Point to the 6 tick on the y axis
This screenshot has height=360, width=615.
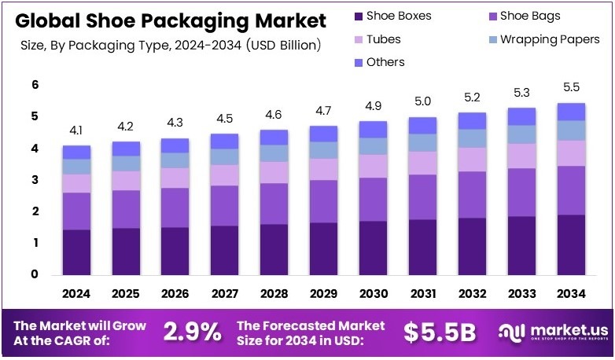(35, 85)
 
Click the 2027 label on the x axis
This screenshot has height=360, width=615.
(225, 294)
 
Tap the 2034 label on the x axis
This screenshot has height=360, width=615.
(570, 294)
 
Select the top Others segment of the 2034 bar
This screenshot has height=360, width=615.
(570, 112)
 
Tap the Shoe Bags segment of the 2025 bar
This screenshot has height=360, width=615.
(126, 209)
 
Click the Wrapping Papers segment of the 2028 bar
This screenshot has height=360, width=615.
(274, 152)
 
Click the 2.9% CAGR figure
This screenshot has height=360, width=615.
(192, 332)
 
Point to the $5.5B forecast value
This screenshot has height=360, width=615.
(440, 332)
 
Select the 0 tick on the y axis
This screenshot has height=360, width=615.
(35, 275)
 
